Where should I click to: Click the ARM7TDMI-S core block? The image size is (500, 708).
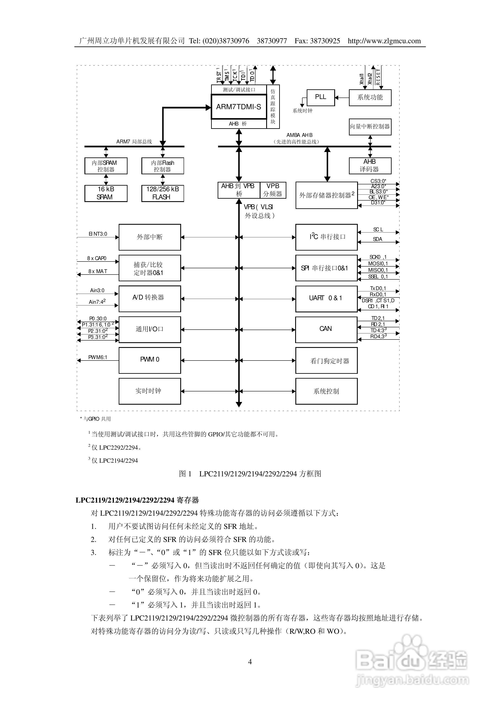click(239, 107)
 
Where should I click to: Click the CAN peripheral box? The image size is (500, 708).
click(326, 329)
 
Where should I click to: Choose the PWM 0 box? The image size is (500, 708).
click(150, 360)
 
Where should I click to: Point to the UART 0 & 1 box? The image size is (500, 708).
click(326, 298)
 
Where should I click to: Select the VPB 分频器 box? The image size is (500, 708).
click(273, 190)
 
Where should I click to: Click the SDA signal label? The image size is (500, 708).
click(377, 239)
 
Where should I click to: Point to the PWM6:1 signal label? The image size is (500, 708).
click(97, 357)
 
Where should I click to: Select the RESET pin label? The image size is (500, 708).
click(378, 77)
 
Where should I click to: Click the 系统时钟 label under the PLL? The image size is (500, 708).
click(302, 111)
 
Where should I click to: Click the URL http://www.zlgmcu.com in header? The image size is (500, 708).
click(384, 41)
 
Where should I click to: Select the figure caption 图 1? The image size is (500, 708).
click(185, 474)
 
